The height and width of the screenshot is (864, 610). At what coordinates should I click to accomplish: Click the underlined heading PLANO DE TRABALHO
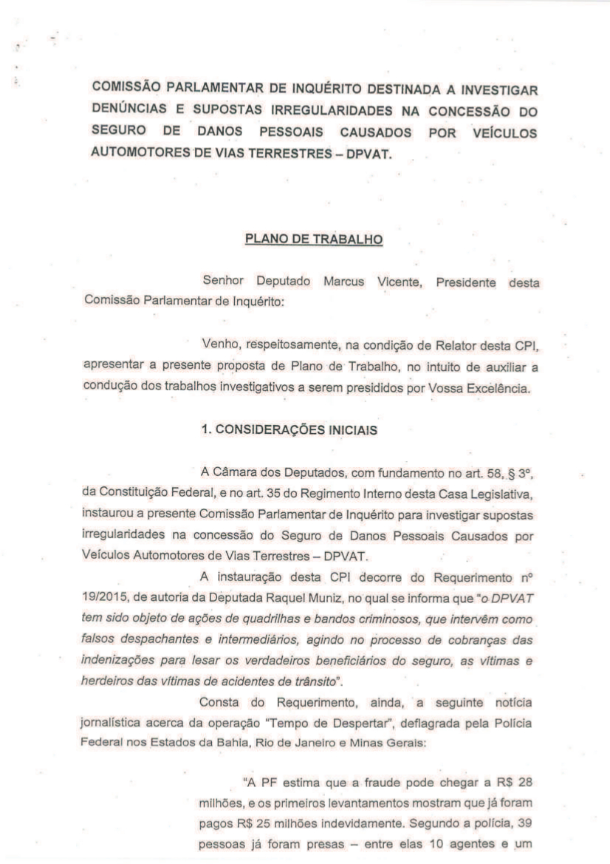(x=313, y=240)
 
